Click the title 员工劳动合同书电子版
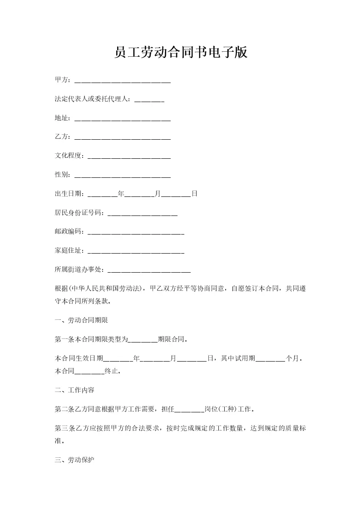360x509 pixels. point(180,52)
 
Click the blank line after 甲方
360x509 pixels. point(122,81)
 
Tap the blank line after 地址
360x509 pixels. point(122,119)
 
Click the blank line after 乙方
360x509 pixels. point(122,138)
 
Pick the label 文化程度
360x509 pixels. point(69,156)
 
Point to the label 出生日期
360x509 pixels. point(69,194)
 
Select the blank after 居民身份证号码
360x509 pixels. point(142,213)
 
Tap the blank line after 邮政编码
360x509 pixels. point(135,232)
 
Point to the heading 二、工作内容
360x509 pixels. point(74,390)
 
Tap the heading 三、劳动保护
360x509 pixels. point(74,460)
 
